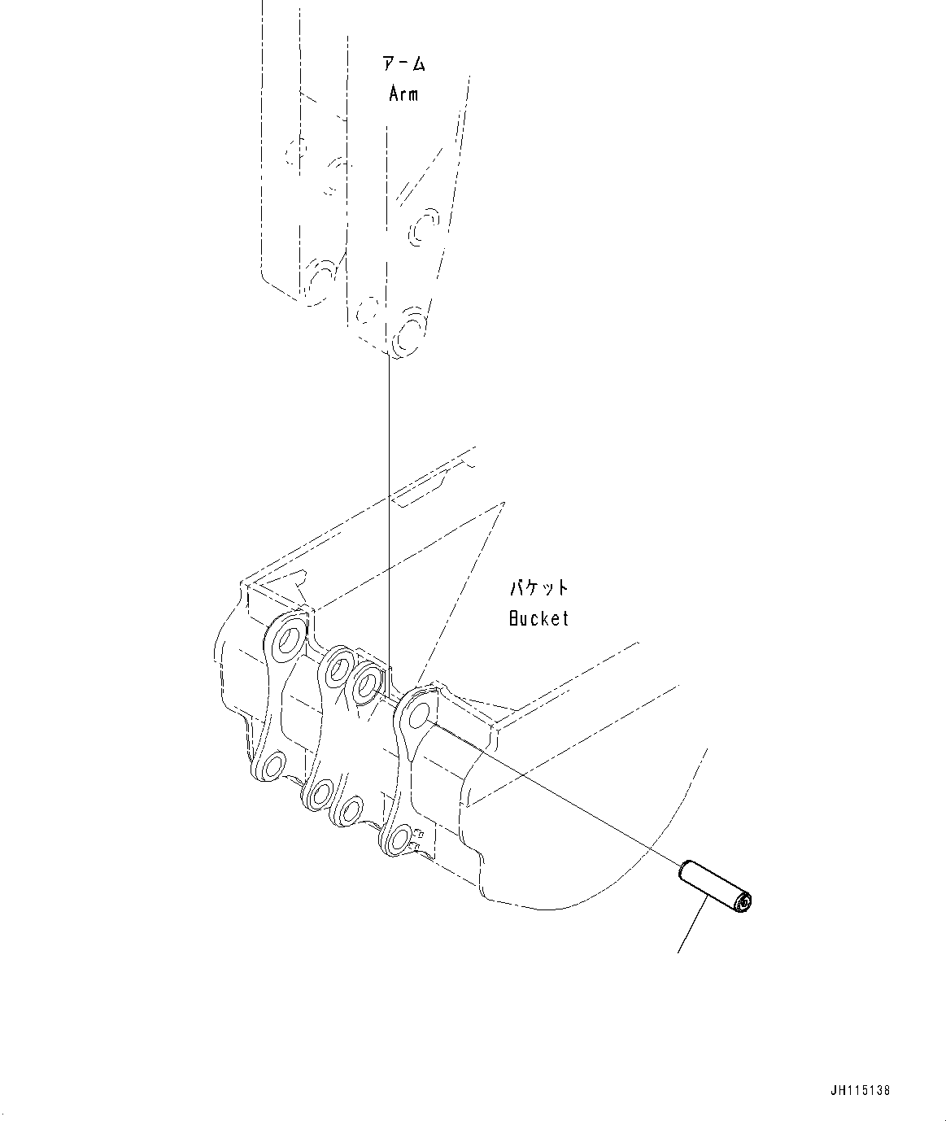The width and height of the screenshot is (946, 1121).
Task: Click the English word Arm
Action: (x=403, y=94)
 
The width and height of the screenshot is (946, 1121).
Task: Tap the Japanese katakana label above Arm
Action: (x=404, y=64)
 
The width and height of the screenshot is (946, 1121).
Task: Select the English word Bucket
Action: (x=538, y=618)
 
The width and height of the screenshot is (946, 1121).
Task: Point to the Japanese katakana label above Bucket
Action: (x=538, y=587)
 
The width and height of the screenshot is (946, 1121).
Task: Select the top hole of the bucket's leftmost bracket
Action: (x=288, y=639)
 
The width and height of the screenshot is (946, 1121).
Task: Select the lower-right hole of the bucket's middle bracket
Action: (x=350, y=810)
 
